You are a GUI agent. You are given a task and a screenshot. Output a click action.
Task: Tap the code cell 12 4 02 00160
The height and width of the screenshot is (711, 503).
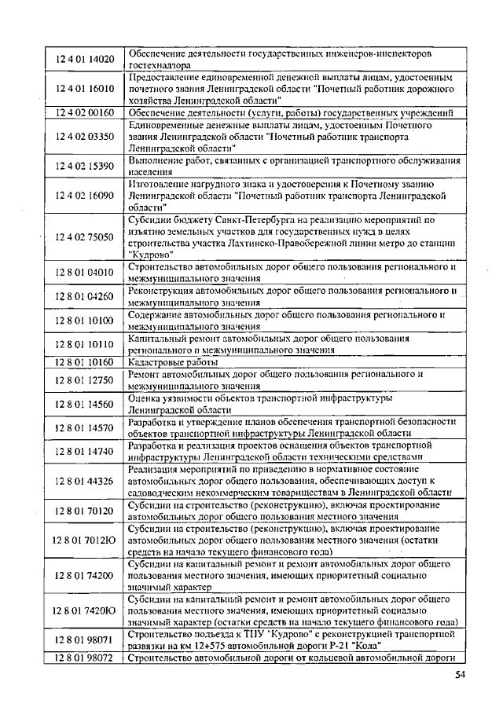point(85,113)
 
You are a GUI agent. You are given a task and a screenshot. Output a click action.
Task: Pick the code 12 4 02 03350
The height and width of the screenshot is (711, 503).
point(85,136)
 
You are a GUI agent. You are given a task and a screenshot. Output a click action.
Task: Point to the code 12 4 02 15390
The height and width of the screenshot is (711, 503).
point(85,166)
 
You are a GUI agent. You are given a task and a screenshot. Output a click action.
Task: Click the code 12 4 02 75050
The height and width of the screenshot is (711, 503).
point(85,236)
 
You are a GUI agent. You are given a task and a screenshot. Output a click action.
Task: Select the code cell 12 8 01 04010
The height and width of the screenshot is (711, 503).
point(85,273)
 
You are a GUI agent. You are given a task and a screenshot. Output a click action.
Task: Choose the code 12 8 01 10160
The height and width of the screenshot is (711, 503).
point(85,362)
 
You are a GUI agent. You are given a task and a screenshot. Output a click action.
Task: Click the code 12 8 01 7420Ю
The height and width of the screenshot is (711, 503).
point(85,610)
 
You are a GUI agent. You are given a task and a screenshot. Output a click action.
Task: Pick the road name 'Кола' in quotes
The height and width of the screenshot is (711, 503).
point(368,645)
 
